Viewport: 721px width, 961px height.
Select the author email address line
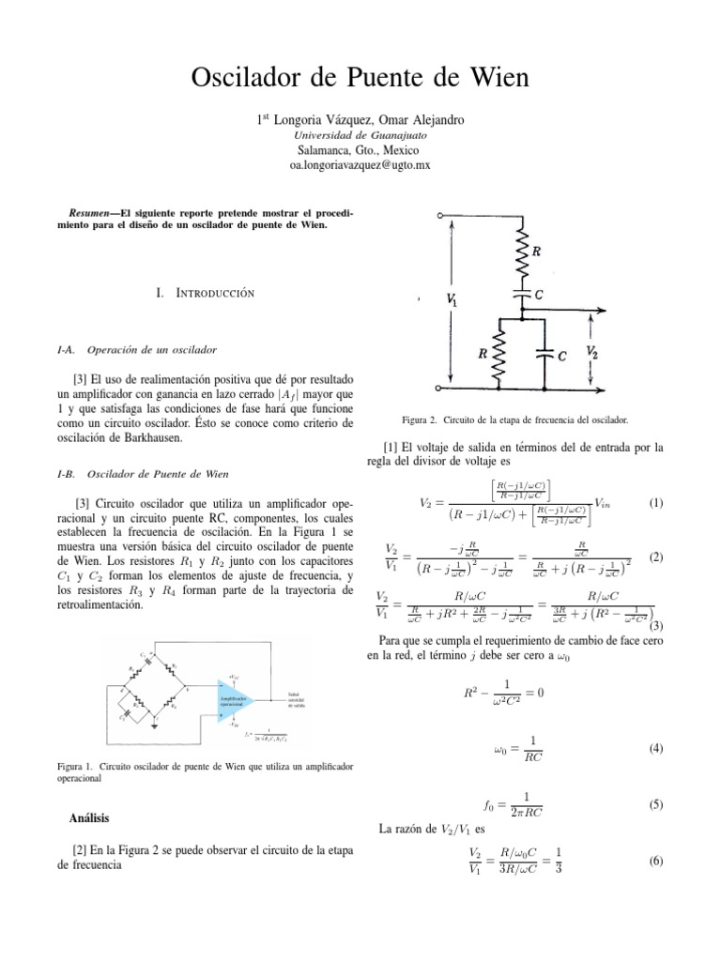point(360,164)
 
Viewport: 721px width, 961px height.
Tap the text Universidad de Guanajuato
point(360,135)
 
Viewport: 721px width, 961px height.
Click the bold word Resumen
point(79,212)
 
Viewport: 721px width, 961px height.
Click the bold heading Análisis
point(91,818)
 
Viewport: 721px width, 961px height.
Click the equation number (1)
point(656,502)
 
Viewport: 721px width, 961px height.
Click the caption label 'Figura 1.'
point(76,767)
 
